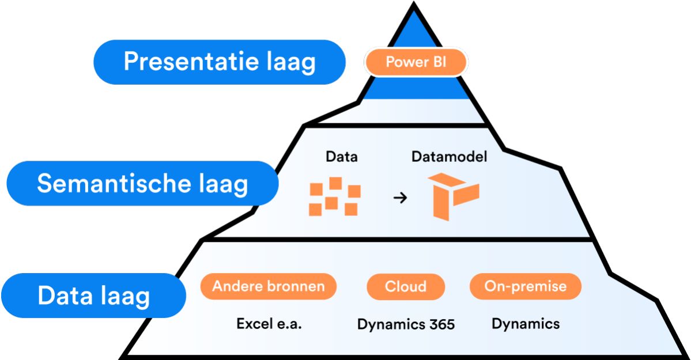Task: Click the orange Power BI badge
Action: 416,62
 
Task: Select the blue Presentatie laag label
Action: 219,62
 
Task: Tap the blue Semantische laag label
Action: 142,183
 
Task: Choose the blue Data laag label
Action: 93,295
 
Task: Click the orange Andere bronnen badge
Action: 269,286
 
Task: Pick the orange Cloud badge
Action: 405,286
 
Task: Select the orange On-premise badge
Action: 525,286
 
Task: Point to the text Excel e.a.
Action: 269,324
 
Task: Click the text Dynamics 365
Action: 406,324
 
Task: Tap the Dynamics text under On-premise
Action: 525,324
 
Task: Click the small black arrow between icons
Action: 400,198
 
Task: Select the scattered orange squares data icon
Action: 335,196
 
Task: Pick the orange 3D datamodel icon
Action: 454,196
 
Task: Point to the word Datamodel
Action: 449,157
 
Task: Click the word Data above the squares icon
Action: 342,157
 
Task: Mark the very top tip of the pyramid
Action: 414,3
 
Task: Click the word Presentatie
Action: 191,61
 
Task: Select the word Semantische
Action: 114,183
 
